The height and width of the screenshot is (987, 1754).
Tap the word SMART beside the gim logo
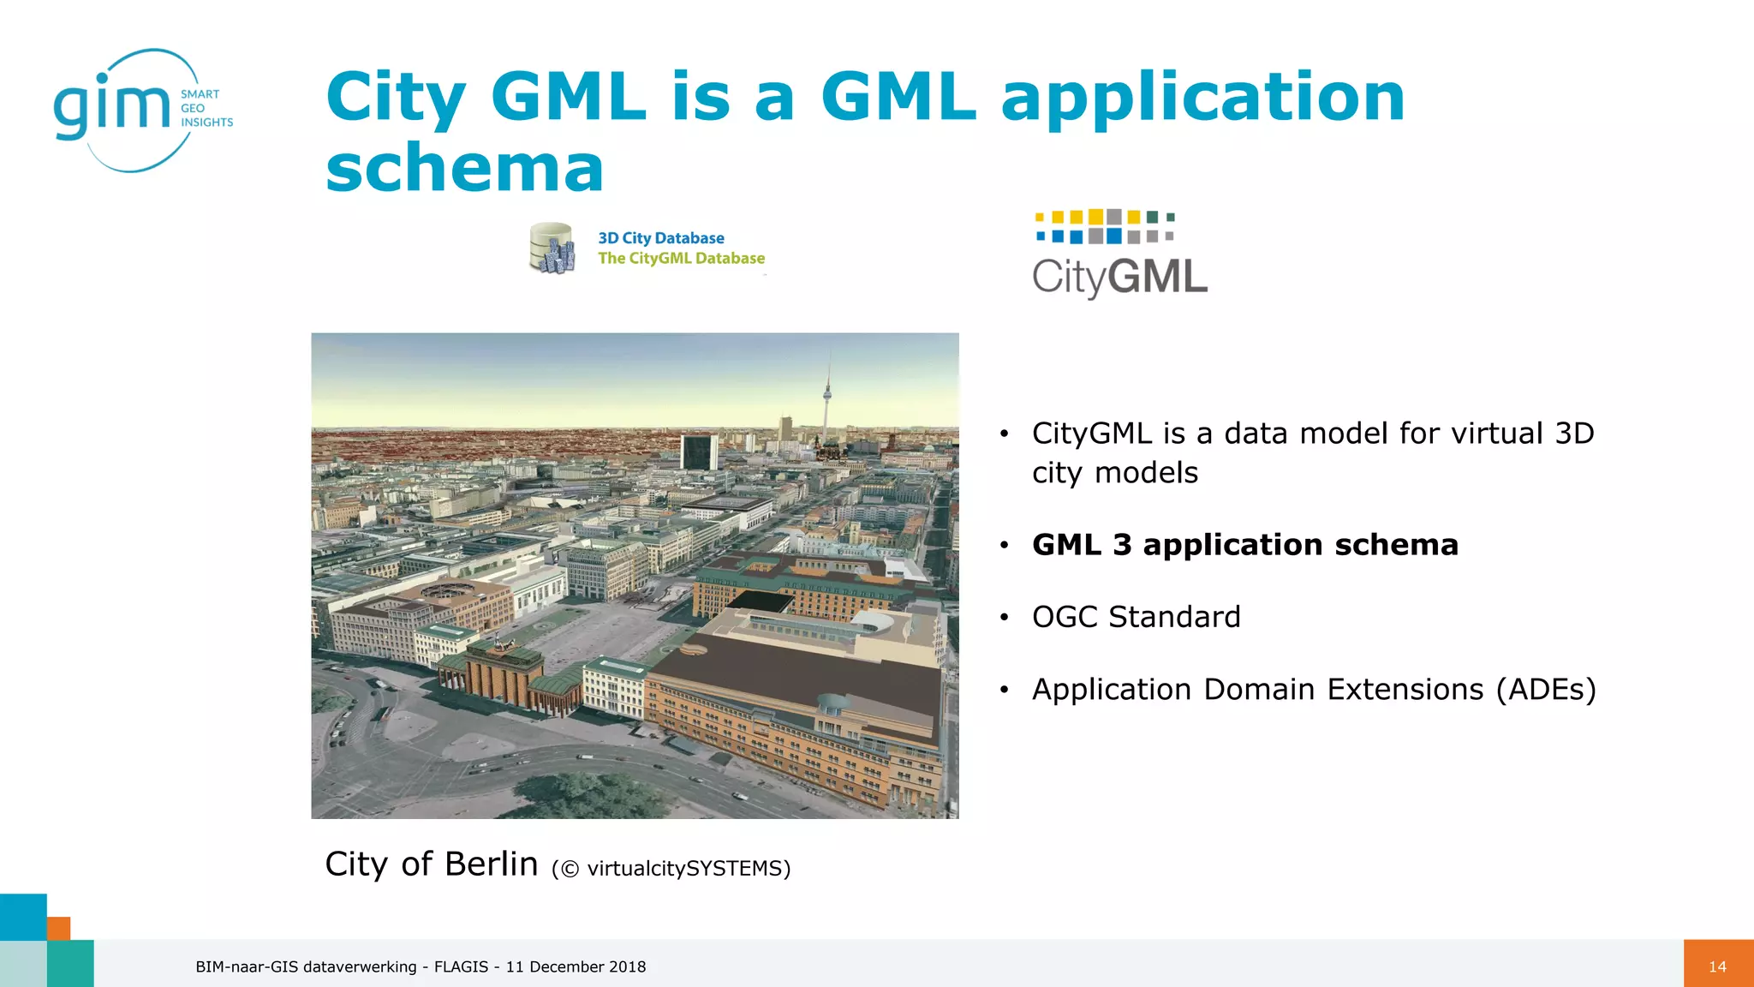pos(200,94)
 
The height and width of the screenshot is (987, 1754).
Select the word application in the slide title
pos(1202,97)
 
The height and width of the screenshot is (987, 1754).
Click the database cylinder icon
pos(552,248)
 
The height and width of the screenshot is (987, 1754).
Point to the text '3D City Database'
pos(660,238)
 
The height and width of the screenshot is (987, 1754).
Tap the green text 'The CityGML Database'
pos(681,258)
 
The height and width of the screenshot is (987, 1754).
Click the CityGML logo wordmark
pos(1119,277)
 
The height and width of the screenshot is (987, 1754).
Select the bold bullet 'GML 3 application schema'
pos(1244,545)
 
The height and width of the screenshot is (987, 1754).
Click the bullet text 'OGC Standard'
pos(1136,617)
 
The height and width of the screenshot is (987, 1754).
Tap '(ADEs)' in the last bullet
pos(1546,690)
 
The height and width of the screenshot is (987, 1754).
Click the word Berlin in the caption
pos(491,864)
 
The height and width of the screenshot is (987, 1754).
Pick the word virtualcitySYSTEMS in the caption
pos(683,869)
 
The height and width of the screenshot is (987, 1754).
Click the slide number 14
pos(1717,966)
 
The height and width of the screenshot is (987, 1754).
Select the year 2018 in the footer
pos(627,966)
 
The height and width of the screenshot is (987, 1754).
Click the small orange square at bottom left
pos(58,928)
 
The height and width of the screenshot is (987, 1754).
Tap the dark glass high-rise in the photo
pos(698,452)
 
